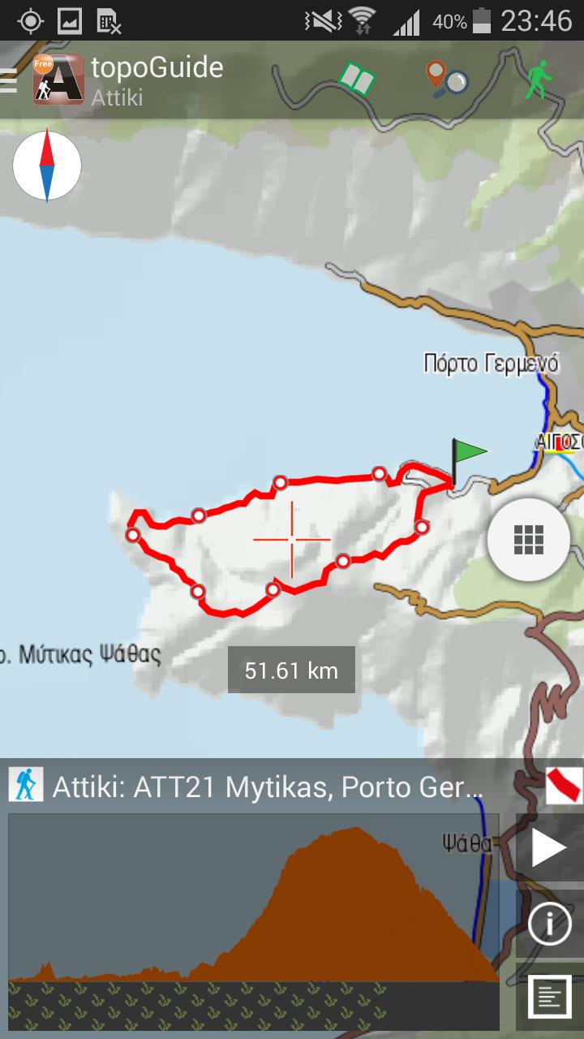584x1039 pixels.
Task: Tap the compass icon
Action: [47, 166]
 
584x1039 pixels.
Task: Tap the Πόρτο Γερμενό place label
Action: [491, 363]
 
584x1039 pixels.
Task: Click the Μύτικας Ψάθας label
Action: [81, 653]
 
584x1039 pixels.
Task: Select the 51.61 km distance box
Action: [291, 670]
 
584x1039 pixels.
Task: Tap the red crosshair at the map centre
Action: [291, 539]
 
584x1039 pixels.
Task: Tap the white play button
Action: [549, 849]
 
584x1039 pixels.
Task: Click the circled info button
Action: [549, 924]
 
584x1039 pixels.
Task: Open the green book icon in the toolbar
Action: [357, 80]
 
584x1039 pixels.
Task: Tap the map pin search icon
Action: [446, 80]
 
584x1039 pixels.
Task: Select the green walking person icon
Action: [535, 81]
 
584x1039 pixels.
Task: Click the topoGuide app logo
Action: [58, 80]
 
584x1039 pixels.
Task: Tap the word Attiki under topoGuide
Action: [118, 98]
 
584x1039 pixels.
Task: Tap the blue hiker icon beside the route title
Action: [25, 785]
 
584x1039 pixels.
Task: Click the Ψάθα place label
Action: [467, 843]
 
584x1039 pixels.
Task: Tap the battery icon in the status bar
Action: [482, 21]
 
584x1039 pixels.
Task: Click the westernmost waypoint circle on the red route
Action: [132, 534]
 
